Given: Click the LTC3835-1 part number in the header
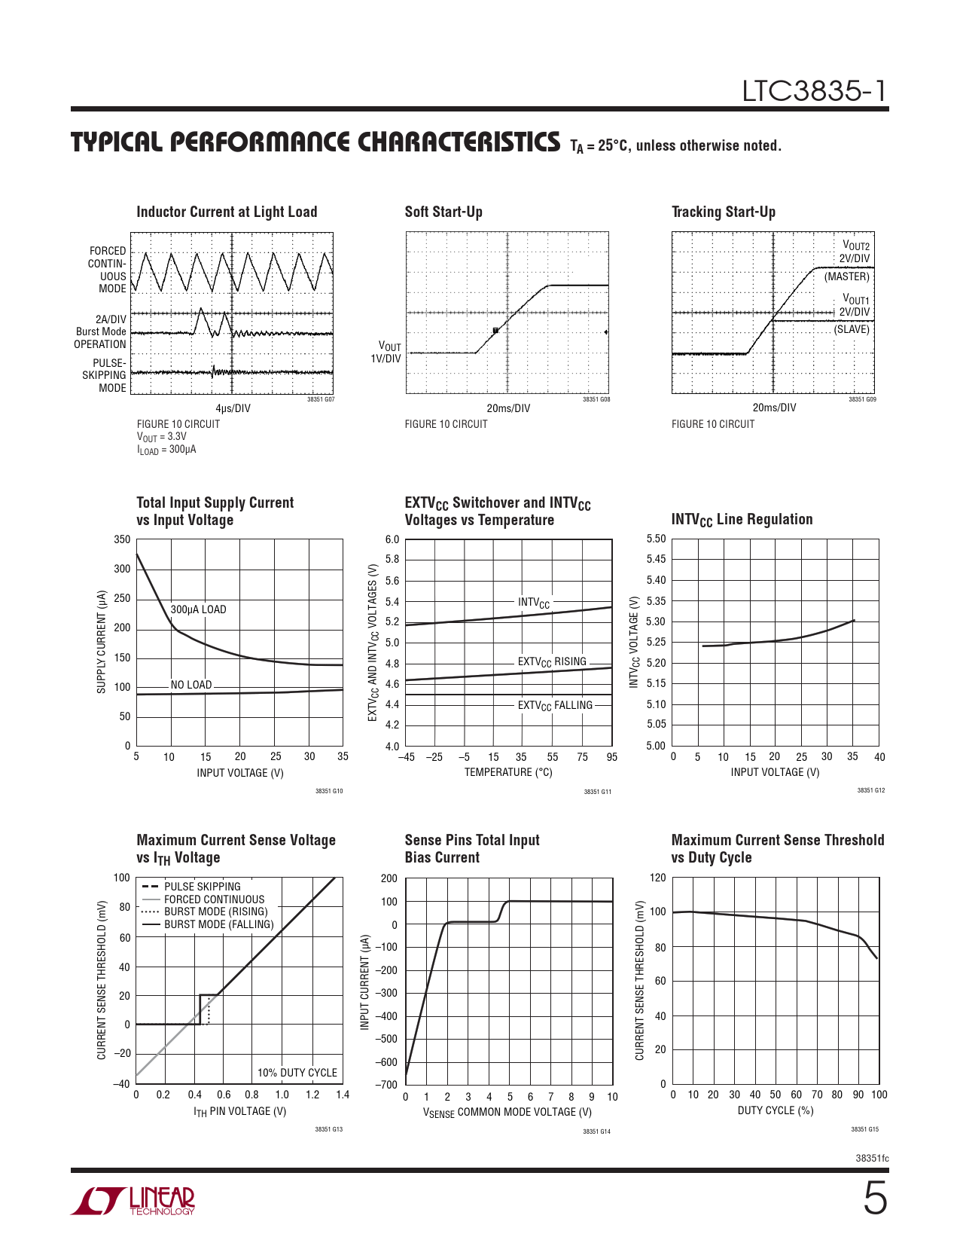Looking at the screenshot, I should click(x=815, y=91).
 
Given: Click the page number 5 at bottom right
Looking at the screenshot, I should click(x=874, y=1199).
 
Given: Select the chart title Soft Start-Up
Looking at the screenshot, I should click(x=443, y=212).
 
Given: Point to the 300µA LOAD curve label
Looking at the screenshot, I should click(x=198, y=609).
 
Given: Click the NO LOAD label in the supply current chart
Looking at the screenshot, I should click(x=191, y=685).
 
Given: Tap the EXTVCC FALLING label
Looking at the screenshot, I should click(x=555, y=705).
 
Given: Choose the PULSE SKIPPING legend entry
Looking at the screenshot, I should click(x=202, y=887).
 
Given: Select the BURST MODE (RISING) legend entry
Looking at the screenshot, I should click(x=215, y=912).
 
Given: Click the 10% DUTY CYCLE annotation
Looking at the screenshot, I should click(x=297, y=1073).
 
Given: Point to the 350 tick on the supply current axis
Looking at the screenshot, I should click(x=122, y=539).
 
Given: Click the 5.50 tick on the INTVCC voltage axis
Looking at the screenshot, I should click(x=656, y=539).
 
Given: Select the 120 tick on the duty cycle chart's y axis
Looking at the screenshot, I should click(x=657, y=878).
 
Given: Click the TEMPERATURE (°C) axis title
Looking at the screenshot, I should click(x=508, y=772).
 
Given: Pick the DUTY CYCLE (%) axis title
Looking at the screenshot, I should click(x=776, y=1110).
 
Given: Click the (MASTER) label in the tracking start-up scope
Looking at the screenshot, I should click(x=846, y=276).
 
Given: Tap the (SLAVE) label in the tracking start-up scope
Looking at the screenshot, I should click(x=851, y=329).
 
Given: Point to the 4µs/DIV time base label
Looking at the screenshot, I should click(x=233, y=408).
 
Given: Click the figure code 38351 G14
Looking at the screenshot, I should click(x=596, y=1132).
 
